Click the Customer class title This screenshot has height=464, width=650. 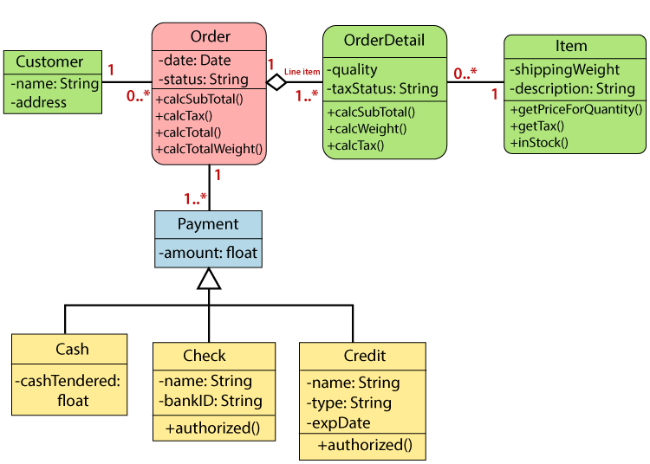click(49, 62)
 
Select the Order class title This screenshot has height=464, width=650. click(210, 36)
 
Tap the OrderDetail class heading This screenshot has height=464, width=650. click(384, 41)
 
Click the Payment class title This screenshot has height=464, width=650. click(208, 224)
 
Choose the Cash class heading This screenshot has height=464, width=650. click(72, 350)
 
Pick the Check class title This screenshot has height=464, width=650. click(205, 356)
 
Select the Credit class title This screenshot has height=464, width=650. click(365, 356)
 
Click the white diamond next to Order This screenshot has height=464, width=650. click(276, 83)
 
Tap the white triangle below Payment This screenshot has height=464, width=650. click(209, 279)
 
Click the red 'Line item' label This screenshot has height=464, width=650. click(302, 72)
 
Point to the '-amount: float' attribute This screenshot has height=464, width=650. click(208, 253)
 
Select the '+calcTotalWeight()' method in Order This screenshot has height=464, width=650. click(209, 150)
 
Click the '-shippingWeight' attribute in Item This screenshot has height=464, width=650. click(564, 70)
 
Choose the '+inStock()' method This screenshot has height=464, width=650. click(539, 142)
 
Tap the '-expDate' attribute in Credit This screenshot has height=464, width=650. click(338, 423)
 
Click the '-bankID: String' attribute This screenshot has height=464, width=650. click(210, 401)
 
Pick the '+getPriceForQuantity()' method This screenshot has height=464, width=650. click(575, 109)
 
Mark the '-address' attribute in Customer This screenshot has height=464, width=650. click(39, 103)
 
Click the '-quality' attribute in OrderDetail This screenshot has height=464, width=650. click(353, 70)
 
